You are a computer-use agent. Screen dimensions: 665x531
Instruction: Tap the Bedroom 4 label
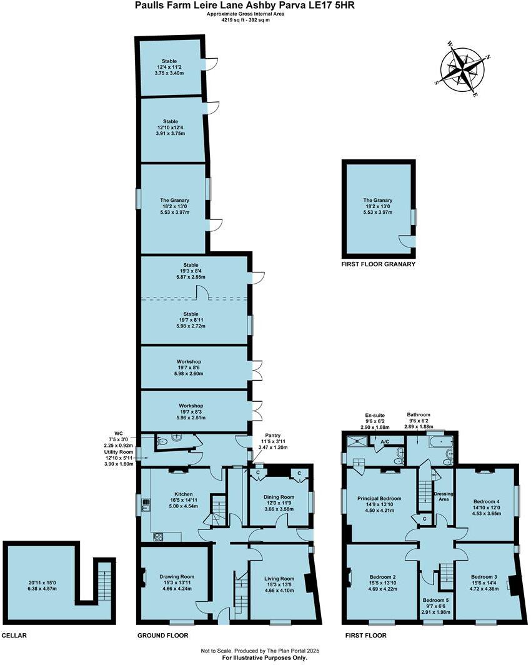[x=486, y=501]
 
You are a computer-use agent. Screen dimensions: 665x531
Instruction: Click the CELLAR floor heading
[x=14, y=636]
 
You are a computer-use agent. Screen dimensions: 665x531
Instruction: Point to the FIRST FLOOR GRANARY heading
[x=378, y=264]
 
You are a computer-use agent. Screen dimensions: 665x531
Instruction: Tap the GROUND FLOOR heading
[x=162, y=636]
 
